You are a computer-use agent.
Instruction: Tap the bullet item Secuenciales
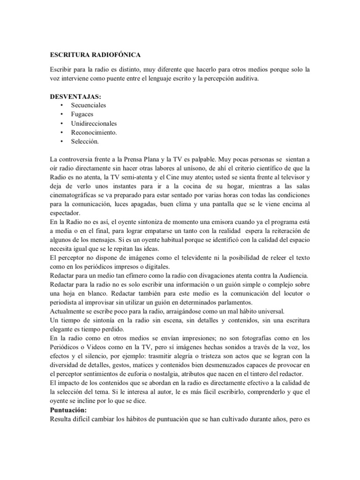(89, 105)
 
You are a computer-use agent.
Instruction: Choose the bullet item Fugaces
(82, 114)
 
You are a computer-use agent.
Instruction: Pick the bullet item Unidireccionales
(94, 123)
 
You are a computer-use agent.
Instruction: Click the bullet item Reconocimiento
(94, 132)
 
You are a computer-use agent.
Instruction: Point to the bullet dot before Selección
(62, 141)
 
